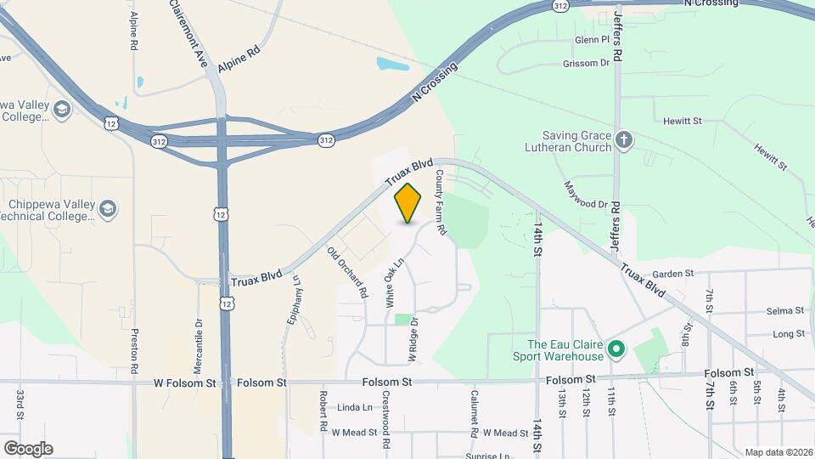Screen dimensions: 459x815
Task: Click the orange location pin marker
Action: pyautogui.click(x=408, y=203)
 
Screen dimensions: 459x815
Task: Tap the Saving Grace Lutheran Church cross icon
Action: pyautogui.click(x=624, y=140)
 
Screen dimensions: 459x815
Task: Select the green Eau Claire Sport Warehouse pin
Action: pyautogui.click(x=617, y=349)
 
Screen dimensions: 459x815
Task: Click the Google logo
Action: pyautogui.click(x=28, y=448)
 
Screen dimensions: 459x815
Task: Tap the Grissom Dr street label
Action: pyautogui.click(x=586, y=64)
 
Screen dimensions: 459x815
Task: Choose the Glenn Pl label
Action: pyautogui.click(x=592, y=40)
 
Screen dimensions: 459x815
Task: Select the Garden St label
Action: pyautogui.click(x=673, y=274)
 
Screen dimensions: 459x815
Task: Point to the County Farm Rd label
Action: pyautogui.click(x=441, y=201)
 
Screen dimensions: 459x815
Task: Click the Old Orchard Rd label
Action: pyautogui.click(x=347, y=271)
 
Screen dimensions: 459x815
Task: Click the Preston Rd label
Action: pyautogui.click(x=134, y=351)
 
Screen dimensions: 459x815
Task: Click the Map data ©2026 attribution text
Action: pyautogui.click(x=778, y=452)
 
